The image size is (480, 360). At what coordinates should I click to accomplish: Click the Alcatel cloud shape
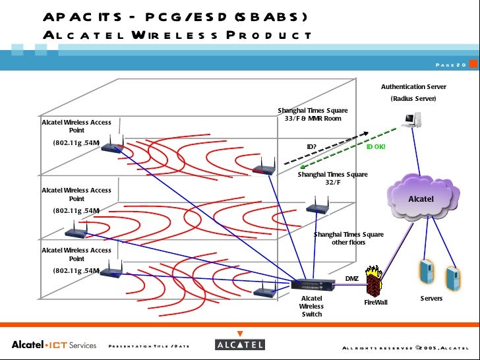tap(420, 196)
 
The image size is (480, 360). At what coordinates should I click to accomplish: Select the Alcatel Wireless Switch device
tap(312, 285)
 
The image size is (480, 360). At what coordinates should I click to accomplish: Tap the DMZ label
tap(352, 278)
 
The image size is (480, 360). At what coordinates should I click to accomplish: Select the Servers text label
tap(432, 299)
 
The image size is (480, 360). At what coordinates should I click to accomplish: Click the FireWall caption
tap(376, 302)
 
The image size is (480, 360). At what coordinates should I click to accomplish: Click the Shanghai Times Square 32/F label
tap(332, 179)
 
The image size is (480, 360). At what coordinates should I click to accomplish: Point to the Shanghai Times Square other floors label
tap(348, 238)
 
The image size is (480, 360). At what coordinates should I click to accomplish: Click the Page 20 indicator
tap(452, 65)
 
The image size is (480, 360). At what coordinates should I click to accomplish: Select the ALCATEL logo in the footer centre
tap(240, 345)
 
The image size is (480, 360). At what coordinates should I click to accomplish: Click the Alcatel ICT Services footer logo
tap(54, 345)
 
